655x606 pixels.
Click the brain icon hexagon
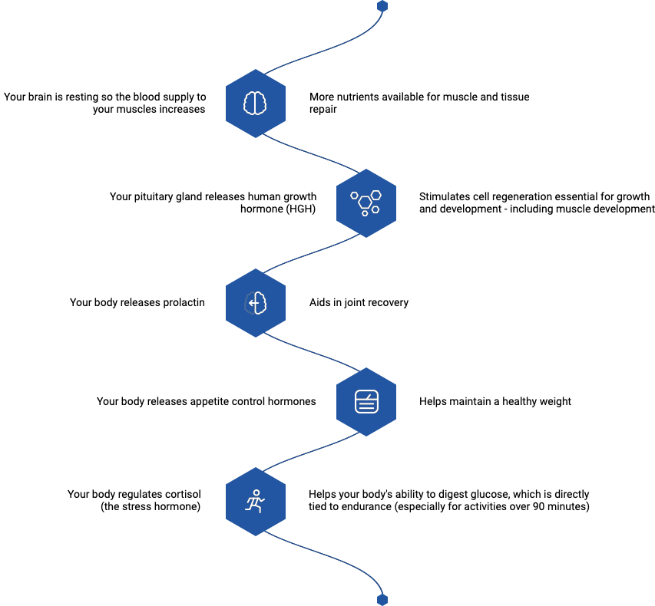[x=255, y=103]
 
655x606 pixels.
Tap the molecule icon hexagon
[x=366, y=203]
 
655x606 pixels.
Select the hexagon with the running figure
[x=255, y=501]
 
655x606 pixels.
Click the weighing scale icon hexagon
[x=366, y=401]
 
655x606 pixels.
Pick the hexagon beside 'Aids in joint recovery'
[x=255, y=302]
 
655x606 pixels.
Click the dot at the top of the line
[x=382, y=6]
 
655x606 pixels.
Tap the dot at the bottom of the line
[x=382, y=599]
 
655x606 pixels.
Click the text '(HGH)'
[x=300, y=209]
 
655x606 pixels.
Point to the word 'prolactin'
[x=184, y=302]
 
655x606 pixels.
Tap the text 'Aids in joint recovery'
[x=358, y=302]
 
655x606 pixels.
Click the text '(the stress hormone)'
[x=151, y=507]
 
